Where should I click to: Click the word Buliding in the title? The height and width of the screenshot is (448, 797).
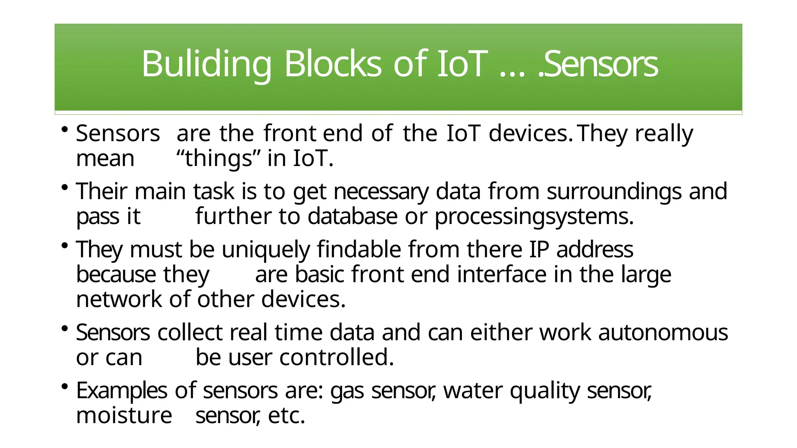(x=206, y=64)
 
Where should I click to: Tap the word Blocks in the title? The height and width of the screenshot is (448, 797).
(x=333, y=64)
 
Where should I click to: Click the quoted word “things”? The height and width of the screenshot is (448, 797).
(x=218, y=159)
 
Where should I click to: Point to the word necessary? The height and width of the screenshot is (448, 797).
(x=381, y=192)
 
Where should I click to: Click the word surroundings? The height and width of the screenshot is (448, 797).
(x=614, y=192)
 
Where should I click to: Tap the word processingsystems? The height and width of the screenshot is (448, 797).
(x=534, y=217)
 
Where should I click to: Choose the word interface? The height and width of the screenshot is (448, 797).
(x=502, y=275)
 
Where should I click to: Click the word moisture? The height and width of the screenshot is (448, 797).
(x=124, y=416)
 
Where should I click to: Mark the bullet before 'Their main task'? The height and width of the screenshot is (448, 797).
(x=65, y=188)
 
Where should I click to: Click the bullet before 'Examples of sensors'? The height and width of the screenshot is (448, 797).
(x=65, y=387)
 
